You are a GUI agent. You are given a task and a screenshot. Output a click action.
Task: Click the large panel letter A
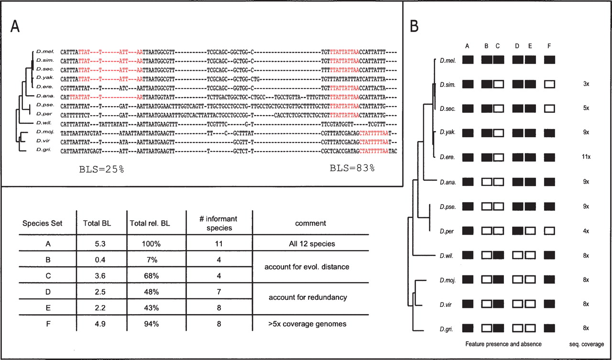point(16,27)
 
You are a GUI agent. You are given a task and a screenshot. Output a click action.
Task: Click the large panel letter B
point(415,27)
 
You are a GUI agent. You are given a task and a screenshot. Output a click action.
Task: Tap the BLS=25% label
point(101,169)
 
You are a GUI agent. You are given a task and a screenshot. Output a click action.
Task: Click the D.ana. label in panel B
point(447,182)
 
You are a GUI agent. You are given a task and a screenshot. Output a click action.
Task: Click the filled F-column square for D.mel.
point(550,60)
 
